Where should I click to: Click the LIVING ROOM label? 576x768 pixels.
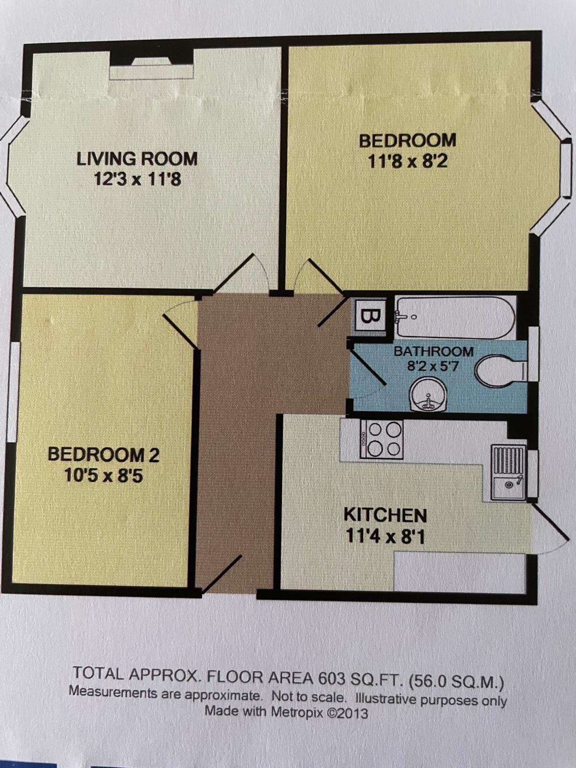(x=137, y=159)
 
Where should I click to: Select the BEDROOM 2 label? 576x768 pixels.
(x=103, y=455)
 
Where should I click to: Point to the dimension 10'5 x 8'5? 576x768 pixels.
(x=103, y=476)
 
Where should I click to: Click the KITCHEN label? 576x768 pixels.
(x=385, y=516)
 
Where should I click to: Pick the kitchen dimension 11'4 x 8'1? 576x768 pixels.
(x=385, y=536)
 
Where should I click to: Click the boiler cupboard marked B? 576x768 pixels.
(x=370, y=316)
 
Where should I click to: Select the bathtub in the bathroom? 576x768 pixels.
(x=454, y=318)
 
